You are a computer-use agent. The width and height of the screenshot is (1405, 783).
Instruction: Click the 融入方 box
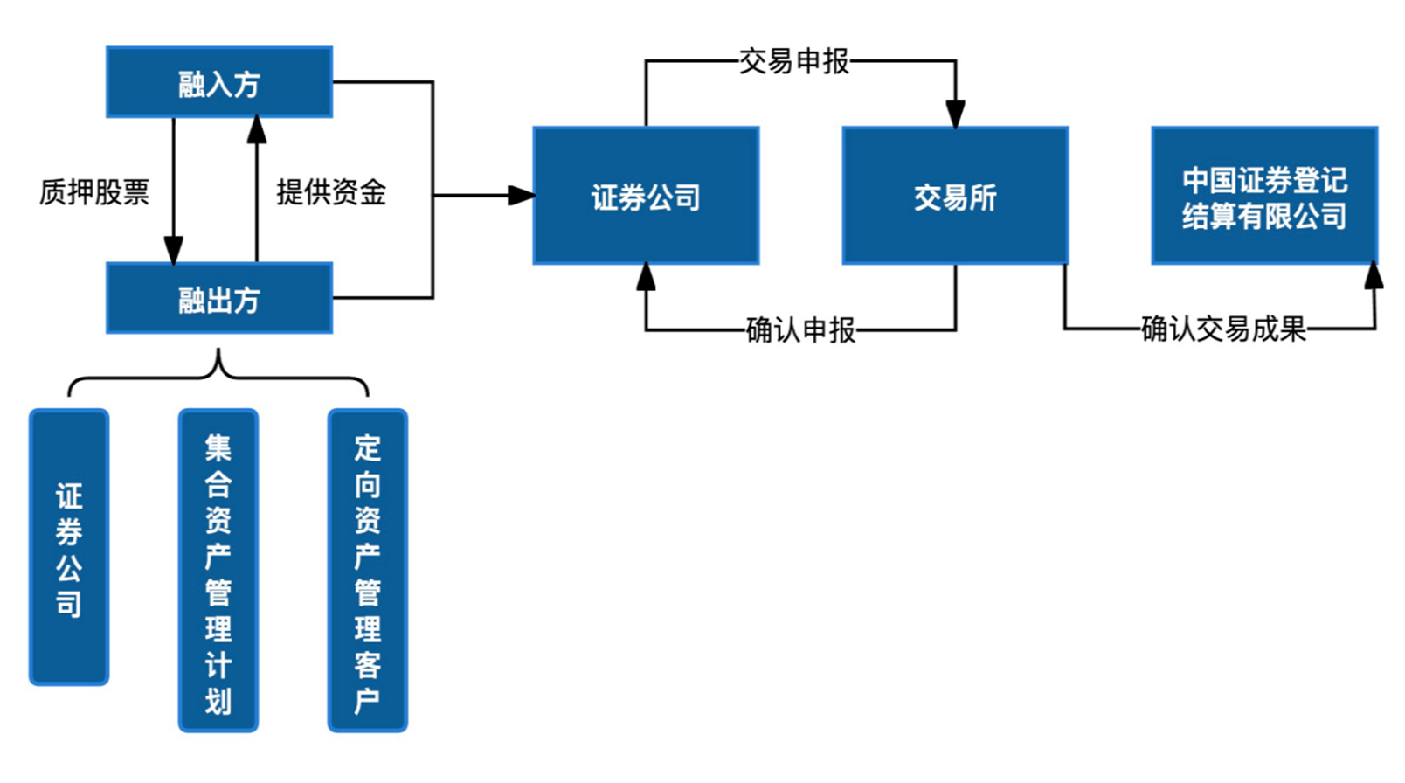[x=218, y=82]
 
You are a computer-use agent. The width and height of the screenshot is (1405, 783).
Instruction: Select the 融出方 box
[x=218, y=299]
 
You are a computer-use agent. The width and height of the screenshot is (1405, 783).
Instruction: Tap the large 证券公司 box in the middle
[x=646, y=196]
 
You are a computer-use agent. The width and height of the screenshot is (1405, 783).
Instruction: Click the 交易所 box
[x=954, y=196]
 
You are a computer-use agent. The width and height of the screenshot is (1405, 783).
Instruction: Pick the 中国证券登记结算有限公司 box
[x=1263, y=196]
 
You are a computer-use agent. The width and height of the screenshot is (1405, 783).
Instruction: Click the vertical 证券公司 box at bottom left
[x=69, y=548]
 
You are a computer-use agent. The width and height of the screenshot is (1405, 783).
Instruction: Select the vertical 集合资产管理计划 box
[x=218, y=571]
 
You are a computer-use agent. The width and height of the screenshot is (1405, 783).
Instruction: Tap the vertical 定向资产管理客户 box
[x=367, y=571]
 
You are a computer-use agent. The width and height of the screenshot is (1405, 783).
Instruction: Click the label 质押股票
[x=94, y=192]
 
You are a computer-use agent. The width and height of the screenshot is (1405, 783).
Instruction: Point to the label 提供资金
[x=331, y=192]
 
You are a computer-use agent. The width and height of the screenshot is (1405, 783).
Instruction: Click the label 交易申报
[x=793, y=61]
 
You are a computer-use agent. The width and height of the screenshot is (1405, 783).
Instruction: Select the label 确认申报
[x=800, y=330]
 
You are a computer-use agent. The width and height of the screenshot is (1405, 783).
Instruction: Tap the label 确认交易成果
[x=1223, y=329]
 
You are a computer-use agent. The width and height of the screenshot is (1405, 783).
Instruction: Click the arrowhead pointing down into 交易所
[x=955, y=114]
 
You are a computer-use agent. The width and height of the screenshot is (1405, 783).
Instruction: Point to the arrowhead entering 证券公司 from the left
[x=521, y=196]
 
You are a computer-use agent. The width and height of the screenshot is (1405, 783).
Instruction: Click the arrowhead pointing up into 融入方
[x=257, y=130]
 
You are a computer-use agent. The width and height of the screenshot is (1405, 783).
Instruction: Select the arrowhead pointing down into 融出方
[x=174, y=250]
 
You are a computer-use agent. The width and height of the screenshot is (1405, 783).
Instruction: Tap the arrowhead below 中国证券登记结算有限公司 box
[x=1374, y=276]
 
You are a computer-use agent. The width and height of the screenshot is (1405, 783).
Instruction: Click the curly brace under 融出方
[x=218, y=372]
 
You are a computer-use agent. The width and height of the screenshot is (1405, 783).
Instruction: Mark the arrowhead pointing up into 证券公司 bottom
[x=646, y=277]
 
